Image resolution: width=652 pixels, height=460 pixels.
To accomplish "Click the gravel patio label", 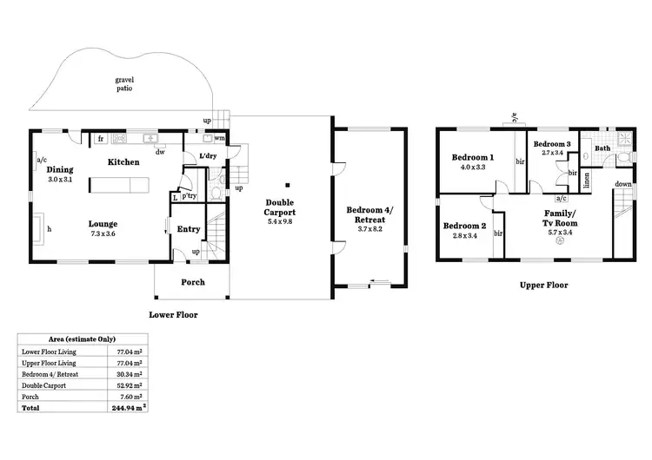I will (x=125, y=83).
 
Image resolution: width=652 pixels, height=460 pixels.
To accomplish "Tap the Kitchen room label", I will (x=123, y=162).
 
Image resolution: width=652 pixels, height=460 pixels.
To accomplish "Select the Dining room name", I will (x=60, y=170).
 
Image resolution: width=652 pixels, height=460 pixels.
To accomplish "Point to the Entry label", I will (x=189, y=229).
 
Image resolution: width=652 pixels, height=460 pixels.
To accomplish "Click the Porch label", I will (x=192, y=282).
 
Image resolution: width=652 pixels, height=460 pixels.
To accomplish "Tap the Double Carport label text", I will (x=280, y=207).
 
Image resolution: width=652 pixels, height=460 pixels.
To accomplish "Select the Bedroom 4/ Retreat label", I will (x=370, y=214).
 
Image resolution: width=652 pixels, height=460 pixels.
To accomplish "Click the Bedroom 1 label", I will (x=473, y=157).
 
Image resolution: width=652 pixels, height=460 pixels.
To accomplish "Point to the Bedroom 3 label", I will (x=552, y=144).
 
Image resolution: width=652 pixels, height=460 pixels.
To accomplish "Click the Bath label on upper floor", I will (x=602, y=148).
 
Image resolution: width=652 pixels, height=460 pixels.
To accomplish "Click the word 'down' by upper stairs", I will (x=622, y=184).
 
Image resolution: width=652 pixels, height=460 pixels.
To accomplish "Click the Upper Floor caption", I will (x=543, y=285).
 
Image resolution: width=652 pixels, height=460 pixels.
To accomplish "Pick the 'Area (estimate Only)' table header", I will (x=82, y=338).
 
